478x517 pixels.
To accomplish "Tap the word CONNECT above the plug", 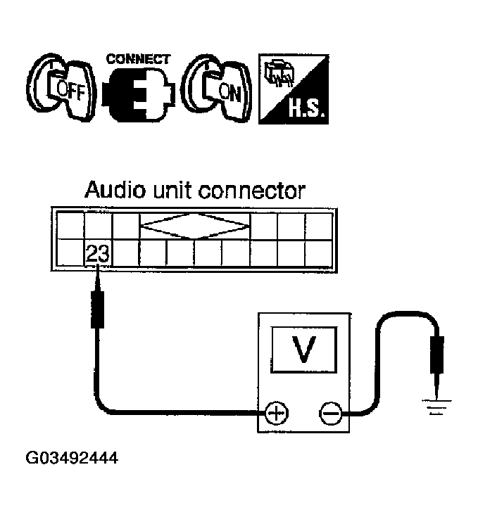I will point(138,59).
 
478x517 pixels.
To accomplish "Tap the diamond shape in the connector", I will point(196,226).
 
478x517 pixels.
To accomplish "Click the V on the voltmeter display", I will point(303,350).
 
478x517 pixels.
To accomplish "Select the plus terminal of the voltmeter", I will point(276,413).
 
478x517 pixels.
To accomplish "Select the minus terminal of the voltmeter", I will point(329,413).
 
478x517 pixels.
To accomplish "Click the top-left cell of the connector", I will point(70,226).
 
